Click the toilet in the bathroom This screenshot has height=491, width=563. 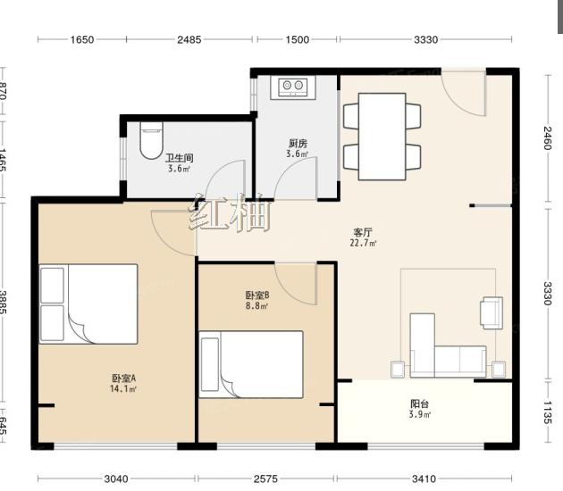tap(152, 140)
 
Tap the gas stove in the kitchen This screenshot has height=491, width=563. tap(293, 87)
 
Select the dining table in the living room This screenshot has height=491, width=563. tap(382, 137)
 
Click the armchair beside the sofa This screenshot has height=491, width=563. tap(492, 312)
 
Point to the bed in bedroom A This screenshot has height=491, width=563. tap(88, 304)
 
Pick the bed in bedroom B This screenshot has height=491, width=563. tap(251, 364)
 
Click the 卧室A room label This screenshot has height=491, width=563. tap(123, 378)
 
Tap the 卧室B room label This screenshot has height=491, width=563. tap(257, 295)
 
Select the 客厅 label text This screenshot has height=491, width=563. tap(363, 232)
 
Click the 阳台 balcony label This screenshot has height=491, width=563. tap(420, 404)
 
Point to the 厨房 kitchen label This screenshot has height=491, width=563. tap(298, 144)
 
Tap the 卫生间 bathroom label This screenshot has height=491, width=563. tap(179, 158)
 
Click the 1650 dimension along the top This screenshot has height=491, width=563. tap(82, 39)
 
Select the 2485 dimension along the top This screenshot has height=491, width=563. tap(189, 39)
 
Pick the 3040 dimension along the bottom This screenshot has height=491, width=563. tap(116, 479)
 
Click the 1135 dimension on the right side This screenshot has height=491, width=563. tap(547, 412)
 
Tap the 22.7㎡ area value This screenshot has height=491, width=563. tap(364, 243)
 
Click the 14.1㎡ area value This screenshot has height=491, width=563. tap(123, 388)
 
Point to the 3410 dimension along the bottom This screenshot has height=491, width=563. tap(424, 479)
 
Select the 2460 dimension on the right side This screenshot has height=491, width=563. tap(547, 138)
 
